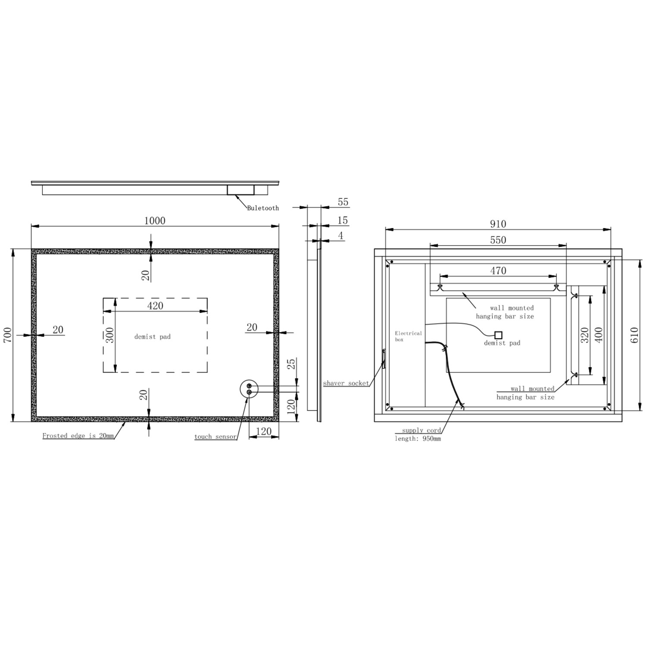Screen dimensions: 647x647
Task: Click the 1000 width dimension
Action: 155,221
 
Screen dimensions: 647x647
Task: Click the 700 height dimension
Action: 8,335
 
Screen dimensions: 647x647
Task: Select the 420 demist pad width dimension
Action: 155,306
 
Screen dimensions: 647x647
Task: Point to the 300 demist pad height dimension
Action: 110,335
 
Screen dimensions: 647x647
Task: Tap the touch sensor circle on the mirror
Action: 248,389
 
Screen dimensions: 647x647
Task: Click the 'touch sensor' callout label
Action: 216,437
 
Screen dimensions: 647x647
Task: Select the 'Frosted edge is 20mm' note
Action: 78,436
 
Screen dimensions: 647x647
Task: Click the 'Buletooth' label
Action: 263,208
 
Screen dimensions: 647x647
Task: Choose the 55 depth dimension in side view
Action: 343,202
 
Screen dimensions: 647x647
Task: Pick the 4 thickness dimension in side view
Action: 341,236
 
